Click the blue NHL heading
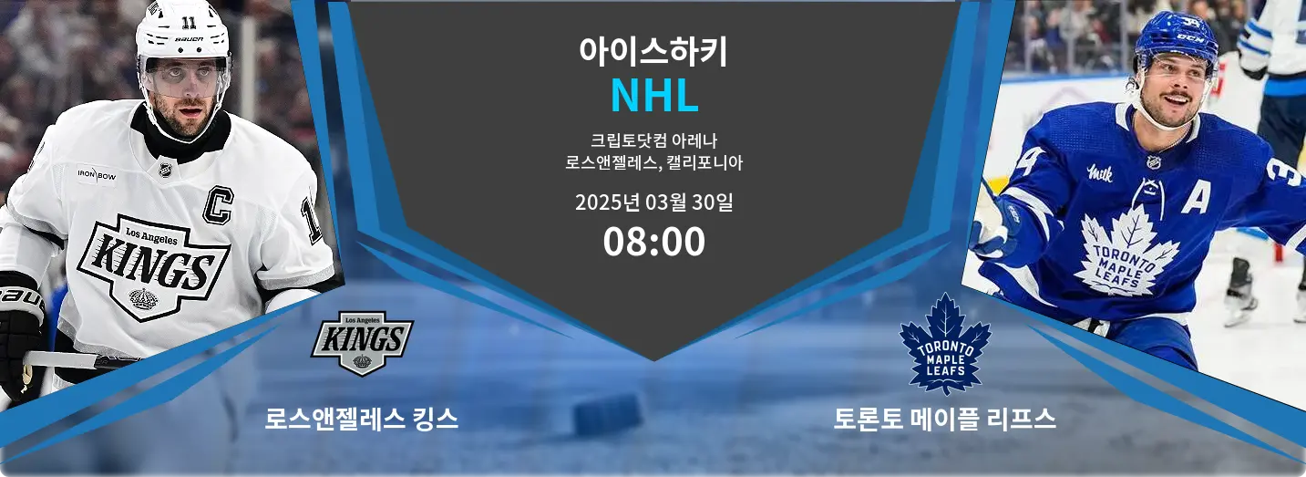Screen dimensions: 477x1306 653,95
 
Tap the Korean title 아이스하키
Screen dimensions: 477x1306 653,50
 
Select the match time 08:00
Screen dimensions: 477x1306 653,242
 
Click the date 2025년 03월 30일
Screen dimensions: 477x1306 653,202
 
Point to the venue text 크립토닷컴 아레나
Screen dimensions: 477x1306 653,141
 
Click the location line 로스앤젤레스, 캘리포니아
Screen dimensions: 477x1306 653,164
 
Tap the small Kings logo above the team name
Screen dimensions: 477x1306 362,342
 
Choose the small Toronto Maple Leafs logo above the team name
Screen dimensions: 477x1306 944,344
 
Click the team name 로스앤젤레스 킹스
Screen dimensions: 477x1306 362,419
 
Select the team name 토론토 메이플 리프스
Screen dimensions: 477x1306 944,419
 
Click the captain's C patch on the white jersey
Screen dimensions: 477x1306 217,204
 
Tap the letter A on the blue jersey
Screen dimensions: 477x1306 1195,194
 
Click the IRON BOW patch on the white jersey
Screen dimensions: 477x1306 96,172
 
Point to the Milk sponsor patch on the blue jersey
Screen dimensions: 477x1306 1100,172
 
